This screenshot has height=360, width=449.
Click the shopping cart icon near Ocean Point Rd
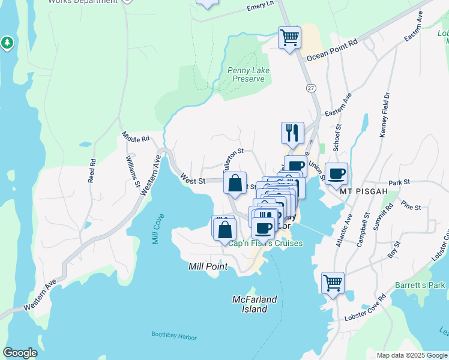[x=289, y=38]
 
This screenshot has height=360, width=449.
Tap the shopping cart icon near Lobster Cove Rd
[x=333, y=283]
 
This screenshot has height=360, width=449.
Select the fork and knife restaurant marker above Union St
[x=292, y=133]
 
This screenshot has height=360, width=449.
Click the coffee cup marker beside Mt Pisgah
[x=336, y=173]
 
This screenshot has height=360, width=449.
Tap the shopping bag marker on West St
[x=235, y=182]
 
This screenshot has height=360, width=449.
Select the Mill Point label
[x=207, y=266]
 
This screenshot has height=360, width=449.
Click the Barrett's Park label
[x=420, y=285]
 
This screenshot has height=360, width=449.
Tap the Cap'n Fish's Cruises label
[x=265, y=244]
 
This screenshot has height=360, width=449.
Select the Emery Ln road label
[x=260, y=7]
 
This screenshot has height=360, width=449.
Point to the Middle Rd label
[x=135, y=139]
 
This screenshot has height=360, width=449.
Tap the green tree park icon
[x=7, y=43]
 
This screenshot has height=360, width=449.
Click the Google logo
[x=20, y=353]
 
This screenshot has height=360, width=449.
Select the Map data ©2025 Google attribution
[x=411, y=355]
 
